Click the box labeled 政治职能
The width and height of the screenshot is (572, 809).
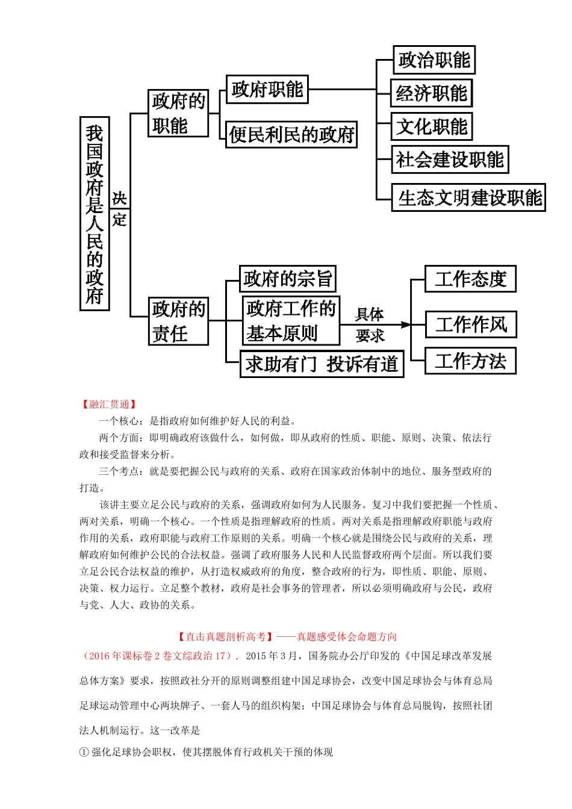tap(434, 60)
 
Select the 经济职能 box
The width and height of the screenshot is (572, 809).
tap(431, 93)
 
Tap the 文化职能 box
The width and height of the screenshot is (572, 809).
tap(431, 126)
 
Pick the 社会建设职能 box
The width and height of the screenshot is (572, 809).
tap(450, 160)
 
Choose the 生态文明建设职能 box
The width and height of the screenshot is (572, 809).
tap(468, 197)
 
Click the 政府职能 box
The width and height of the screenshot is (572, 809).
tap(267, 89)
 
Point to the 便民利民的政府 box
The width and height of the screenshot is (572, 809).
tap(291, 134)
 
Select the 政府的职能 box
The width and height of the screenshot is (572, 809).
tap(178, 113)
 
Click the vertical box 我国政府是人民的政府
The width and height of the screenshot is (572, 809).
tap(95, 214)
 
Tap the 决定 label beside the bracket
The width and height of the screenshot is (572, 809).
tap(119, 209)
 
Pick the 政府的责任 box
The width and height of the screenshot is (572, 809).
tap(178, 321)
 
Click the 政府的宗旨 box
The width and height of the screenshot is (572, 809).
tap(287, 279)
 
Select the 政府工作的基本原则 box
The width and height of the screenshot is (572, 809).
tap(291, 320)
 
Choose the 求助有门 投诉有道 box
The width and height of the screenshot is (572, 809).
tap(322, 364)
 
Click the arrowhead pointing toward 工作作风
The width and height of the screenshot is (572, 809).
tap(406, 324)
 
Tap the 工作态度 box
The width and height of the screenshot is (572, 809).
tap(470, 279)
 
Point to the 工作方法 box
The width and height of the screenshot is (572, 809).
tap(470, 361)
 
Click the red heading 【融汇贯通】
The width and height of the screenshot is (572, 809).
tap(109, 404)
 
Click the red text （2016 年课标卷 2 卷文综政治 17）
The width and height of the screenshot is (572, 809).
tap(157, 656)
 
